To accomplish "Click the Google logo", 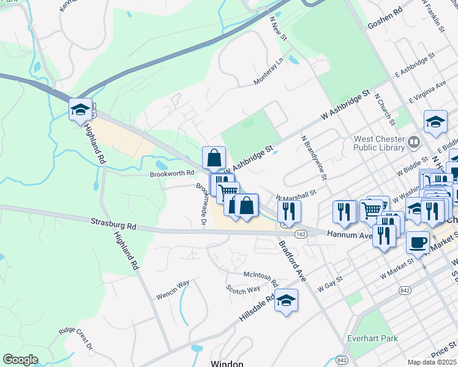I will pyautogui.click(x=21, y=360).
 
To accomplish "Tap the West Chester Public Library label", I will pyautogui.click(x=378, y=143).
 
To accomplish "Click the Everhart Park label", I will pyautogui.click(x=371, y=338).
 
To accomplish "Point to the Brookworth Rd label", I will pyautogui.click(x=172, y=174).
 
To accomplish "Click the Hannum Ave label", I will pyautogui.click(x=350, y=234).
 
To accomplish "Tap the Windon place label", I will pyautogui.click(x=227, y=363).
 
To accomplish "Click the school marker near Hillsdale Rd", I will pyautogui.click(x=286, y=301).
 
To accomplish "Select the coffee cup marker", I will pyautogui.click(x=418, y=242).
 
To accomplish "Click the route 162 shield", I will pyautogui.click(x=300, y=234).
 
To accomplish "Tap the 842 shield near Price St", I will pyautogui.click(x=342, y=359).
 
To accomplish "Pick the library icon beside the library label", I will pyautogui.click(x=415, y=143).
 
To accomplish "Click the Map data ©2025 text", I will pyautogui.click(x=432, y=362).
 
